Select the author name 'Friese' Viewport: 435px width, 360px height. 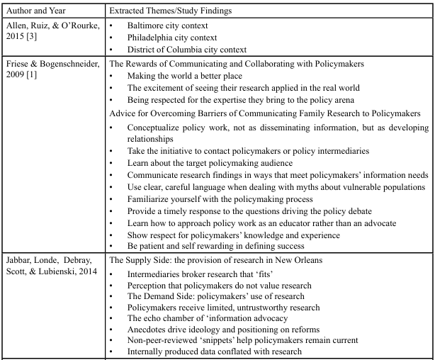click(18, 64)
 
